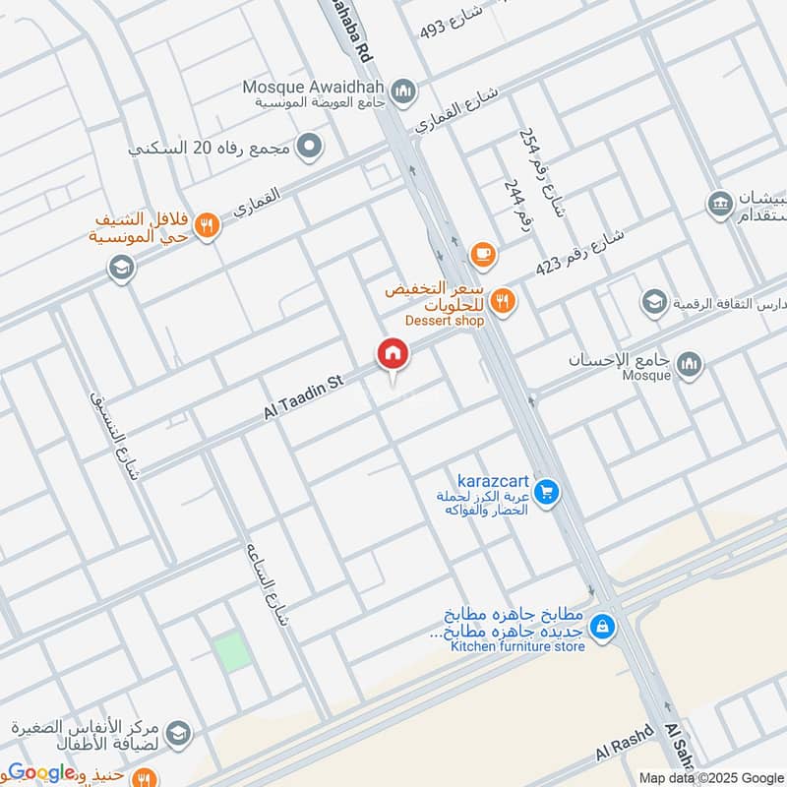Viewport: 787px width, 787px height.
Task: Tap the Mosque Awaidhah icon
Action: click(x=402, y=93)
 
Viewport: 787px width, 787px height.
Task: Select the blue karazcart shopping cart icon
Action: click(x=549, y=492)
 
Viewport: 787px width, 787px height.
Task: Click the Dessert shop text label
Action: click(x=445, y=320)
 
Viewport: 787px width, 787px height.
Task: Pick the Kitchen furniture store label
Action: click(x=517, y=646)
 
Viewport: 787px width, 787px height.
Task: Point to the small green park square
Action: click(x=233, y=651)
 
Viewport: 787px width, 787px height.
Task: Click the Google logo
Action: click(x=41, y=772)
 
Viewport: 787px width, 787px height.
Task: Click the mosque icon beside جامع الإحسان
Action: click(x=690, y=364)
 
